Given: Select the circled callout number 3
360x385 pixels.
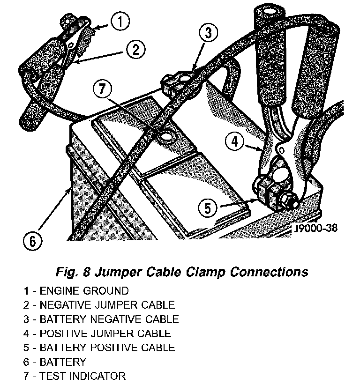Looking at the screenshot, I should [209, 33].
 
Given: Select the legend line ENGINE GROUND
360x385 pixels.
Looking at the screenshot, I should [75, 291].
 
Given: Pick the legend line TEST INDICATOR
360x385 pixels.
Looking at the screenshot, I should [74, 376].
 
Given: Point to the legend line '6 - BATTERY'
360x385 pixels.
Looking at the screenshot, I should [55, 362].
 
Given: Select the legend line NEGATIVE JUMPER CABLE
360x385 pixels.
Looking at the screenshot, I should [99, 305].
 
